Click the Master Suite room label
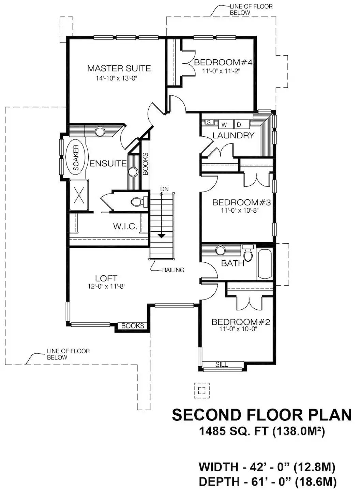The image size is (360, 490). (119, 68)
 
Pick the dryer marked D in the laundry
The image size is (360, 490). (242, 124)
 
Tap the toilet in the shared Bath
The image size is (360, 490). (248, 253)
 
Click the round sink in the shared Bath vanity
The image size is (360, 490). (221, 250)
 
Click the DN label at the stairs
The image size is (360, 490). (164, 189)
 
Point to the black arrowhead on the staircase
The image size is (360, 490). (162, 236)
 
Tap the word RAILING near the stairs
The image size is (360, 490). (173, 270)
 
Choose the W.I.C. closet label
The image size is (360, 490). (125, 226)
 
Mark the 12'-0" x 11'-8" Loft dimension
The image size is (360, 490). (106, 286)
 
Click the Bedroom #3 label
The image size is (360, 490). (242, 202)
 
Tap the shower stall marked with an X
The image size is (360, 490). (79, 195)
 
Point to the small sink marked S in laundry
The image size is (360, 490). (209, 122)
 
